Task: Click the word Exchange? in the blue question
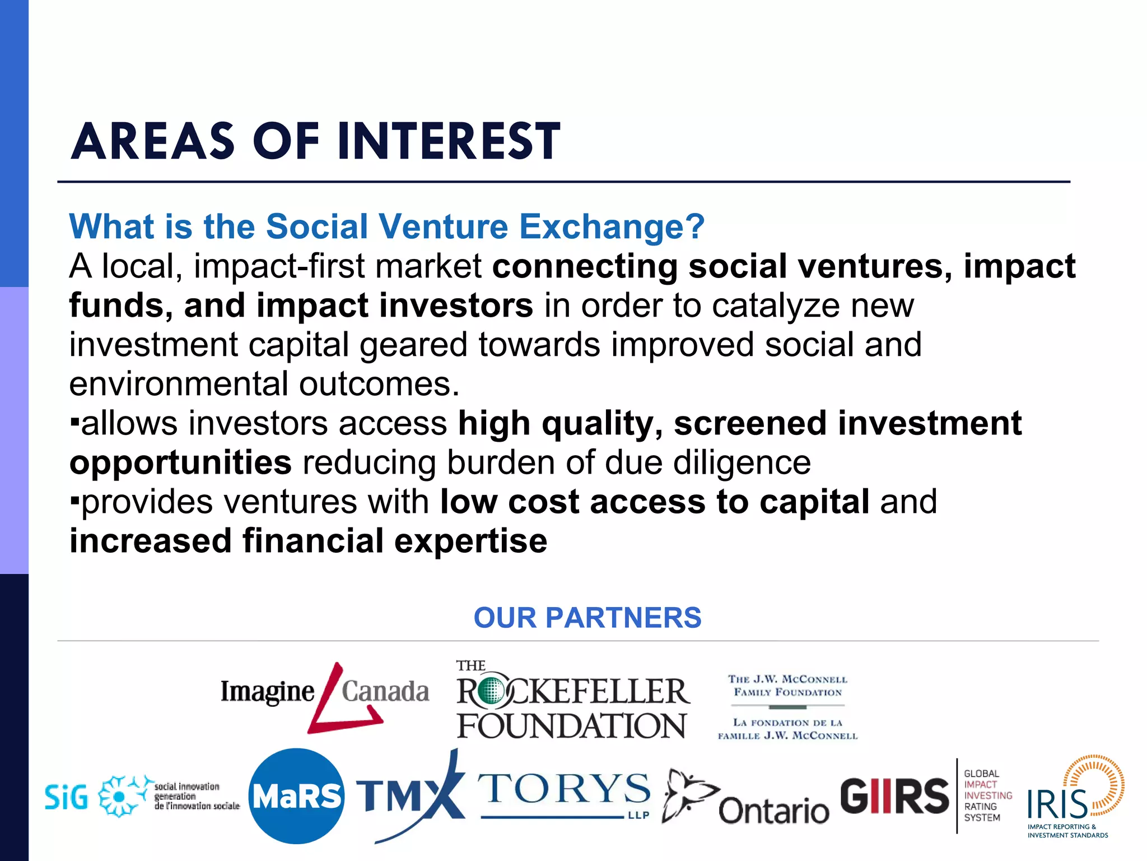[x=612, y=226]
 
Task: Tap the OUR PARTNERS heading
[x=587, y=618]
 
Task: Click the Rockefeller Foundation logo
[x=572, y=701]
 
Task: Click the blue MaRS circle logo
[x=296, y=796]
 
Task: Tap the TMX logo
[x=410, y=796]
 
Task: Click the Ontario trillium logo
[x=745, y=799]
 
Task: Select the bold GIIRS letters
[x=894, y=796]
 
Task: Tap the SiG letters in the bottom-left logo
[x=66, y=797]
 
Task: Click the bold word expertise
[x=470, y=541]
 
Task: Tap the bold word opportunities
[x=180, y=463]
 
